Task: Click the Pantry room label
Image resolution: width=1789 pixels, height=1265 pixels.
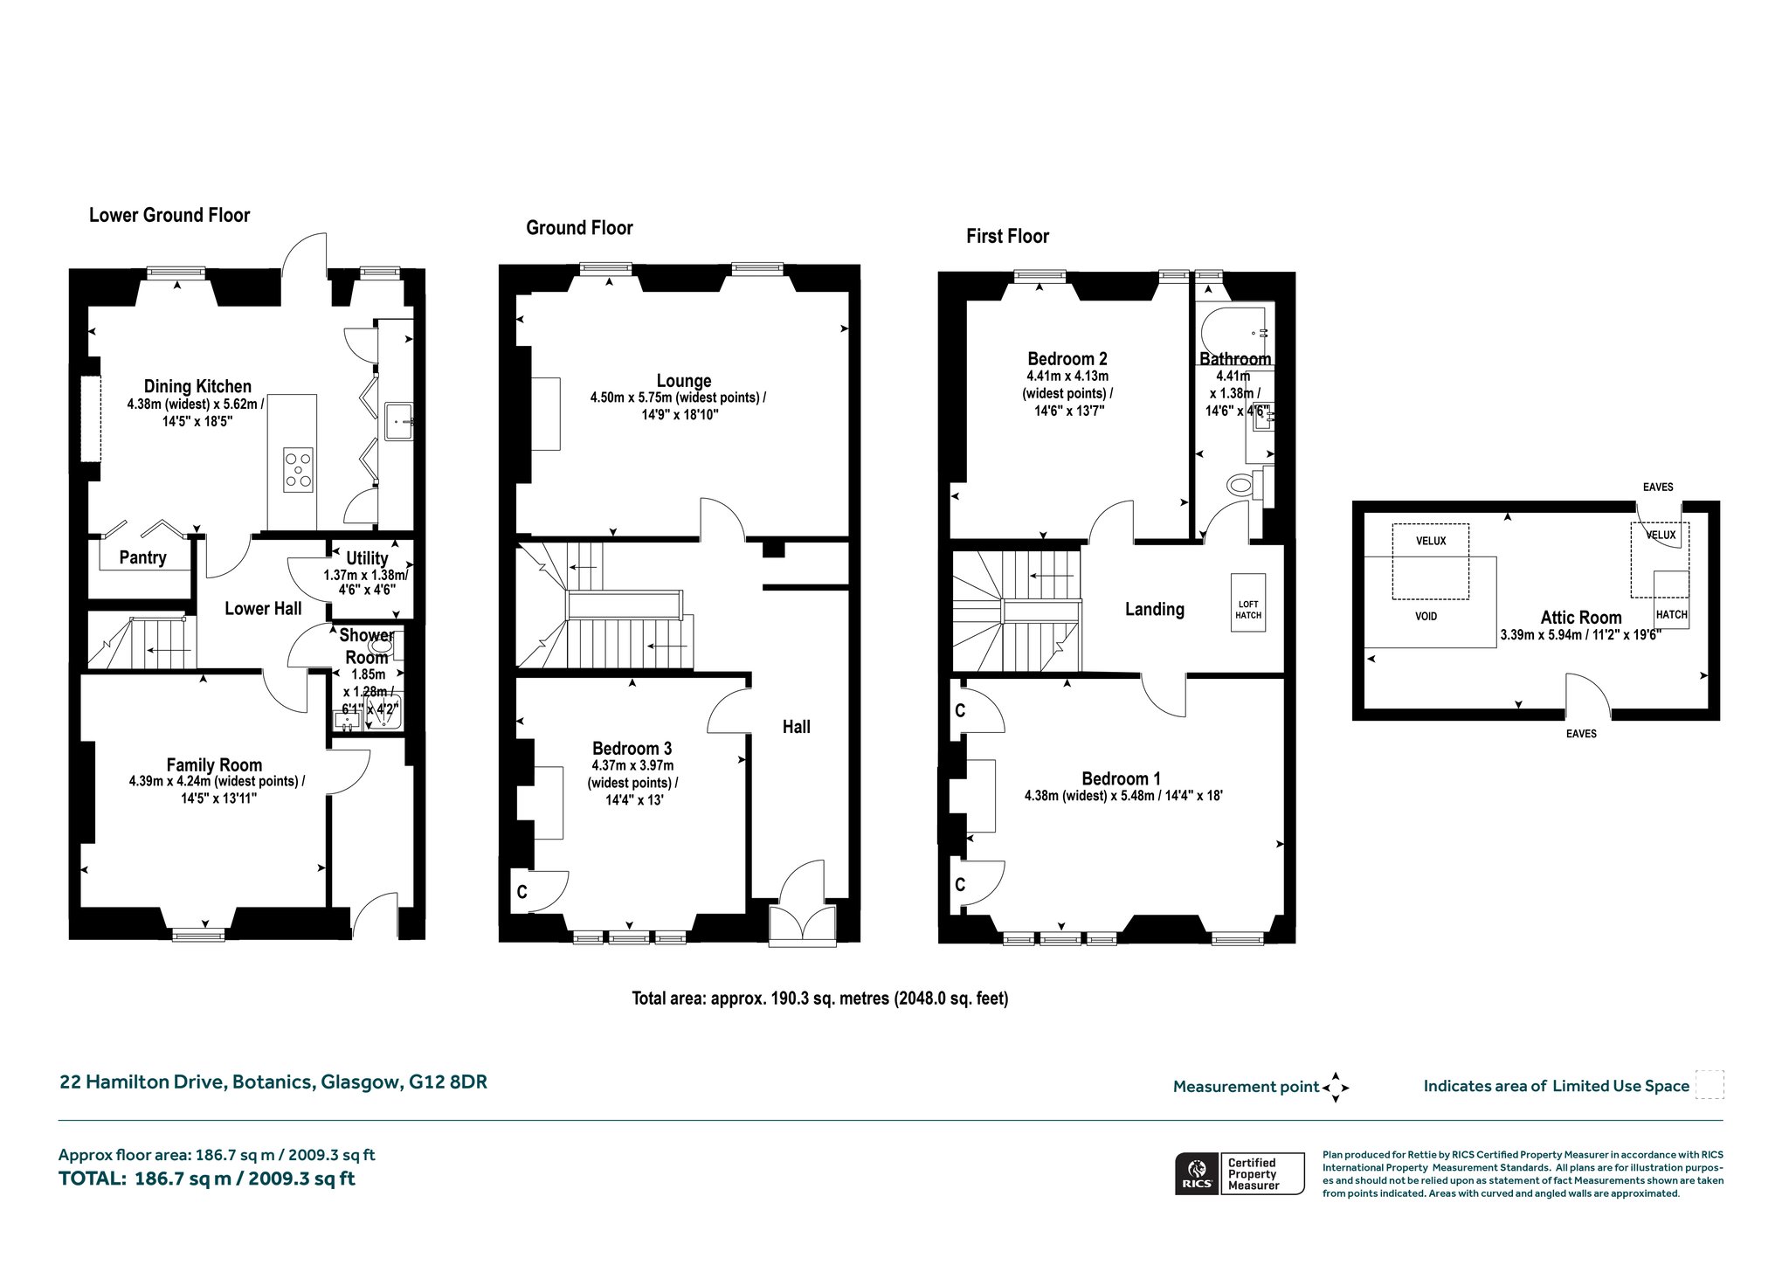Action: click(142, 557)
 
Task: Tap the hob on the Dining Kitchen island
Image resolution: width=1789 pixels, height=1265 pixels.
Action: click(298, 470)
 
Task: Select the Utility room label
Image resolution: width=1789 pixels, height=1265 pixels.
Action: click(367, 558)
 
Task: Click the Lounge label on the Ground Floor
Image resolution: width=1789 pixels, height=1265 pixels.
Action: click(684, 381)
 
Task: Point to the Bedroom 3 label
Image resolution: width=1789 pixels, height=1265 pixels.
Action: click(632, 749)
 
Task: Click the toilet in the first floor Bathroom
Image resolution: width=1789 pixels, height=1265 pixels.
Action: click(1245, 485)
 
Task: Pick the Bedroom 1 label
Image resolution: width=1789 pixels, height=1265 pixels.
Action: click(1121, 779)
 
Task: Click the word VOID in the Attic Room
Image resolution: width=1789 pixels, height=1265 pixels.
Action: click(1426, 617)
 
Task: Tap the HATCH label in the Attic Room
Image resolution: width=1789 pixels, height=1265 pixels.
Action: click(1671, 615)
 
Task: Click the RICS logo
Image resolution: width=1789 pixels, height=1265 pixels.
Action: click(1197, 1173)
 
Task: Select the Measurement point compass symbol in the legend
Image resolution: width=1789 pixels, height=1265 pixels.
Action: click(1336, 1088)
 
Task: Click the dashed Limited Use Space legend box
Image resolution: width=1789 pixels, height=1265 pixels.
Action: click(1710, 1085)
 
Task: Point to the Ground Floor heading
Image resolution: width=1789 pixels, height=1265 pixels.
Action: click(579, 228)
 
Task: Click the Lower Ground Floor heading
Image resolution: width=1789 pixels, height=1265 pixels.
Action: click(169, 216)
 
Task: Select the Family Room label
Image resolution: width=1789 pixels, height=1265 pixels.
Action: click(214, 765)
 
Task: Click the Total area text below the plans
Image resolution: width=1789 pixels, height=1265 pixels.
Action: click(820, 998)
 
